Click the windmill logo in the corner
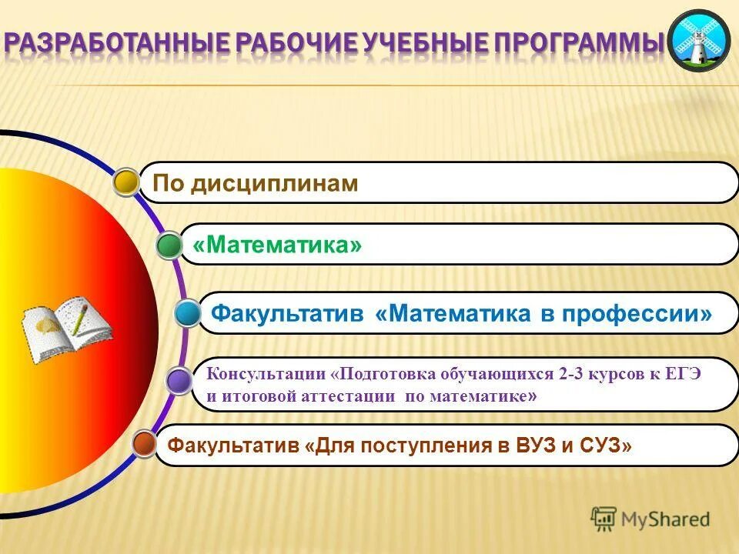point(697,41)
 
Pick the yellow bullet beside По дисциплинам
point(126,182)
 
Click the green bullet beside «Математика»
point(169,246)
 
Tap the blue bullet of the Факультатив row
point(187,314)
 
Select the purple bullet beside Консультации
point(179,381)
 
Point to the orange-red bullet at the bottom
point(143,444)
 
